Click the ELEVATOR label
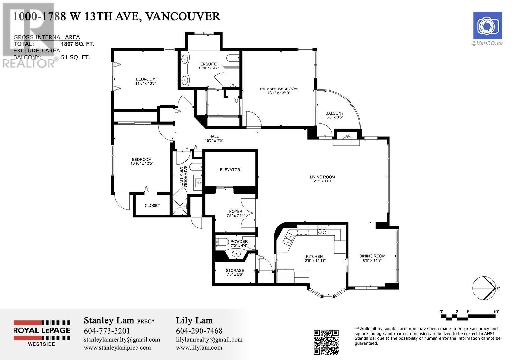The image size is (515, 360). (x=230, y=170)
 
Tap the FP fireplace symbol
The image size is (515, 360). (x=347, y=137)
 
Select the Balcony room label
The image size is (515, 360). (x=334, y=113)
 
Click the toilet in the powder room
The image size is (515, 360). (x=222, y=242)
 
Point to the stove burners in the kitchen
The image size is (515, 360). (x=322, y=230)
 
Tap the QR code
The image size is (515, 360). (x=326, y=342)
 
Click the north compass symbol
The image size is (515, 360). (x=485, y=288)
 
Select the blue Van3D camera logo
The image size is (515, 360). (x=488, y=25)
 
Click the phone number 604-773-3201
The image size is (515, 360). (x=107, y=331)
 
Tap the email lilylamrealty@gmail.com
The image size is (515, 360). (x=209, y=339)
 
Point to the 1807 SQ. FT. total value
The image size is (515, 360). (x=78, y=44)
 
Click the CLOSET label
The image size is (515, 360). (x=152, y=205)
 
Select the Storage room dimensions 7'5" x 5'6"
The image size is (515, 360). (x=235, y=274)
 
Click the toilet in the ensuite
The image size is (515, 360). (x=233, y=58)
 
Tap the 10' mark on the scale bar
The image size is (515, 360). (x=496, y=312)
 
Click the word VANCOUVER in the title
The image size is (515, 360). (x=183, y=16)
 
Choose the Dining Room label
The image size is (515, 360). (x=372, y=256)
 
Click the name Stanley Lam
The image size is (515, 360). (x=109, y=320)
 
